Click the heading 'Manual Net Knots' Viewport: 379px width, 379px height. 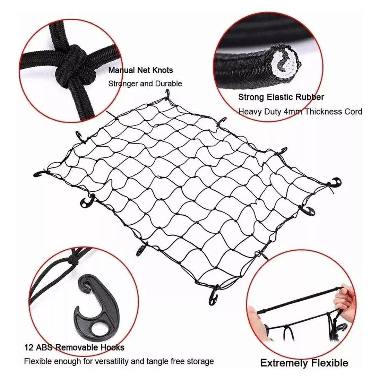point(141,70)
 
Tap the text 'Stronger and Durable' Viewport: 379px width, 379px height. point(145,84)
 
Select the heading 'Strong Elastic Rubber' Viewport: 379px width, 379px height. point(281,97)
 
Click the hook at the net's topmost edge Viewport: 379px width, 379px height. point(167,95)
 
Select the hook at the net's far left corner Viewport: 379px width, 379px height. point(42,174)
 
